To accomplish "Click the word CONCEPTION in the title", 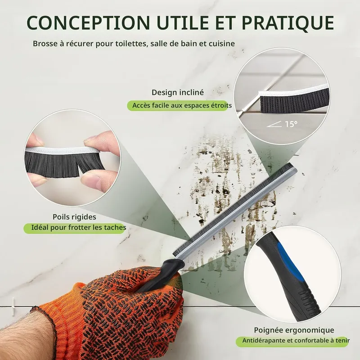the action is [88, 22].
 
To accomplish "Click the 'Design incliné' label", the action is [178, 92].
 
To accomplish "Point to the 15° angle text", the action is [291, 124].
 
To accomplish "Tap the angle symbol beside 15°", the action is [274, 125].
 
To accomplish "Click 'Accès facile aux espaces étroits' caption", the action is [182, 105].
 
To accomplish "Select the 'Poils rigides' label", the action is [74, 217].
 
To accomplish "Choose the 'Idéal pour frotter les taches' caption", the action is [79, 228].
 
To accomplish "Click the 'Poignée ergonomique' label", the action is [294, 330].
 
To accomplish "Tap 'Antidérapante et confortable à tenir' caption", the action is [296, 340].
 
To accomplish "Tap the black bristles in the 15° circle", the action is [294, 100].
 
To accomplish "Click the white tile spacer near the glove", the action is [13, 306].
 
